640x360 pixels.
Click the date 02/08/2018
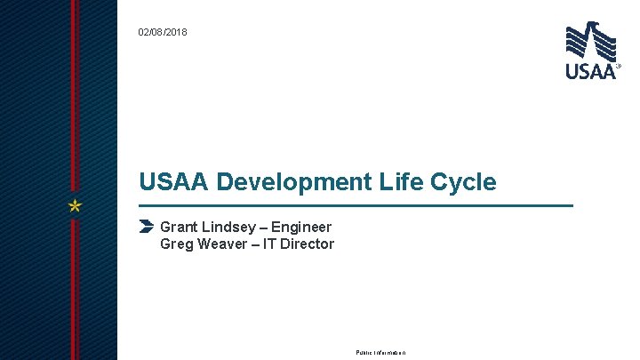(163, 33)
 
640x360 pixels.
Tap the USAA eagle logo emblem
(590, 41)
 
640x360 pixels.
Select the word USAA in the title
(174, 182)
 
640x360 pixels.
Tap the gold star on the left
(76, 206)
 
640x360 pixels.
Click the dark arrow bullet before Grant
(148, 227)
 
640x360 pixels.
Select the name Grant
(179, 228)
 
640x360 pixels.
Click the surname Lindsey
(230, 228)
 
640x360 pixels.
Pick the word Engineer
(303, 228)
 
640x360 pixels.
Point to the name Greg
(177, 244)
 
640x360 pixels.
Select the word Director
(308, 244)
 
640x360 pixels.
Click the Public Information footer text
(380, 353)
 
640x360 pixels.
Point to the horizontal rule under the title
(356, 205)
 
